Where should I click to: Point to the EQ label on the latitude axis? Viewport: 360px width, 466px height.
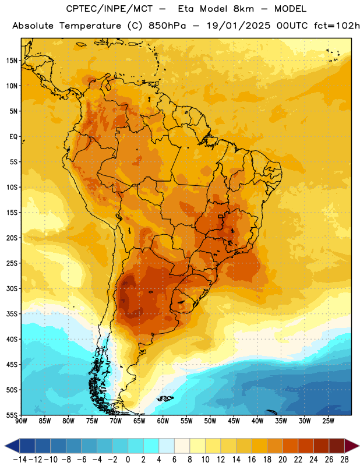pos(13,137)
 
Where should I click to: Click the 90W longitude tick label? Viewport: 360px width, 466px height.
pos(21,421)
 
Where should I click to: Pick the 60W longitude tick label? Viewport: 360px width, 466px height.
pos(163,421)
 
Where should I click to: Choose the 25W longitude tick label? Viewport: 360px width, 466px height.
pos(328,421)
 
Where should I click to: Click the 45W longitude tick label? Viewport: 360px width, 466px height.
pos(234,421)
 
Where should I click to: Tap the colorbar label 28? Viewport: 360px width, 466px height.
pos(344,460)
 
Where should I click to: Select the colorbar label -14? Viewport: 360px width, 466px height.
pos(20,460)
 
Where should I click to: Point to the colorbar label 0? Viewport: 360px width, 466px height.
pos(128,460)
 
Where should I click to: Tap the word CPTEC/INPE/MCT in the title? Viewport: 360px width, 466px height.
pos(110,9)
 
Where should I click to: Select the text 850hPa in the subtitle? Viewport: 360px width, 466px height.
pos(167,26)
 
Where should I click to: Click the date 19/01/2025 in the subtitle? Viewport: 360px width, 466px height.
pos(238,26)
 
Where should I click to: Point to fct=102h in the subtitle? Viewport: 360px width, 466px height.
pos(337,26)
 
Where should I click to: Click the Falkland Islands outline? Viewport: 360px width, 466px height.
pos(165,398)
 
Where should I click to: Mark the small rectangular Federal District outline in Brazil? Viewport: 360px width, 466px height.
pos(221,217)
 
